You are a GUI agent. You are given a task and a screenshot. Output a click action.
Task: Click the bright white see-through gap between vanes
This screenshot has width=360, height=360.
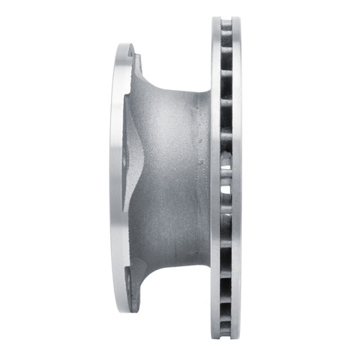click(x=225, y=173)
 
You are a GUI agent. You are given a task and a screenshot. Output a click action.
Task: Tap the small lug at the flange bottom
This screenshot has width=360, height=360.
click(x=130, y=276)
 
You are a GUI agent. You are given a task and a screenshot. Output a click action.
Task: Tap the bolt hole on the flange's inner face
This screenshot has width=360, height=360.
click(x=127, y=155)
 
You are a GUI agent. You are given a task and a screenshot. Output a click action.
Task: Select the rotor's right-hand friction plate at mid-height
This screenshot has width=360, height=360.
click(x=237, y=180)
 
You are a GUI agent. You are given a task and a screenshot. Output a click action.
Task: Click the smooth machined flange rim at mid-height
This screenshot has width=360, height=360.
click(x=117, y=180)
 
